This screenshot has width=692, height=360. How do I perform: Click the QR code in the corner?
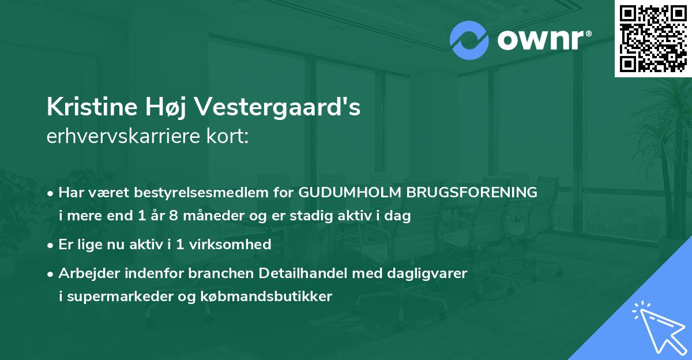[653, 38]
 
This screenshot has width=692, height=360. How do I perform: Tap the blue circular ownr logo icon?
[469, 40]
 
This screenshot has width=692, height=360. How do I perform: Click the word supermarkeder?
[118, 297]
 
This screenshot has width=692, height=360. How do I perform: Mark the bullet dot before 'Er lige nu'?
[51, 245]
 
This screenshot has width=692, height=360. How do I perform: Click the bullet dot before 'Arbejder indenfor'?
[51, 273]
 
